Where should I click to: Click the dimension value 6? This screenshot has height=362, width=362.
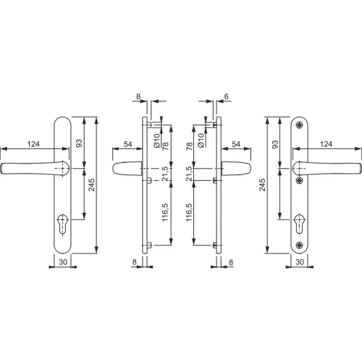pyautogui.click(x=226, y=96)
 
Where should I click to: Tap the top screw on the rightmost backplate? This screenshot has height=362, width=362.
pyautogui.click(x=300, y=125)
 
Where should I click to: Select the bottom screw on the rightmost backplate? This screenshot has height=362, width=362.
pyautogui.click(x=300, y=245)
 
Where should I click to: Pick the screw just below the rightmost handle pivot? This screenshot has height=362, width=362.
pyautogui.click(x=300, y=180)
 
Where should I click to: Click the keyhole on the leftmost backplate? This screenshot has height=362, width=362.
pyautogui.click(x=63, y=223)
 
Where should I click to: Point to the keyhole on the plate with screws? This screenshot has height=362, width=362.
pyautogui.click(x=300, y=223)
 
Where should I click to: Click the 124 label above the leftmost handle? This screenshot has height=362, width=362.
pyautogui.click(x=33, y=144)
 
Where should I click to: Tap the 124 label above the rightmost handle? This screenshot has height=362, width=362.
pyautogui.click(x=326, y=144)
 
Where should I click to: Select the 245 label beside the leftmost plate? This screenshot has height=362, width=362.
pyautogui.click(x=91, y=185)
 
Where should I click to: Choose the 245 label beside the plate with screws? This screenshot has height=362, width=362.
pyautogui.click(x=262, y=185)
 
